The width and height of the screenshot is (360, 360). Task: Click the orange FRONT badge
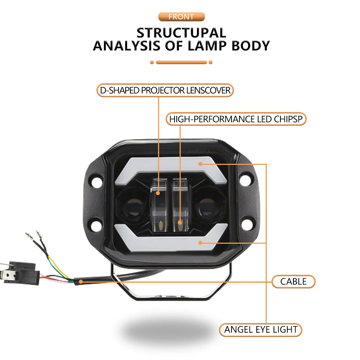tap(181, 17)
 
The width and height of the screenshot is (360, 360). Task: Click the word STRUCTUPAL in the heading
tap(181, 33)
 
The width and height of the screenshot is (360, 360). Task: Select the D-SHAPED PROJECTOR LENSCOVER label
tap(165, 90)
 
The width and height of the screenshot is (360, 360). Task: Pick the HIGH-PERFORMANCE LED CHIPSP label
tap(236, 119)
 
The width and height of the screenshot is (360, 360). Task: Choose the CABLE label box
tap(293, 282)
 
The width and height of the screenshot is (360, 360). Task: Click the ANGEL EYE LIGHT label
tap(261, 329)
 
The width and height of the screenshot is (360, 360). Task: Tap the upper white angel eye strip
tap(169, 164)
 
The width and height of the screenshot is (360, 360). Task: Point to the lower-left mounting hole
tap(95, 226)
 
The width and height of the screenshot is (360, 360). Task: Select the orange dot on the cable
tap(80, 282)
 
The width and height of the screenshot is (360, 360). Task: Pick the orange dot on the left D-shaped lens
tap(158, 193)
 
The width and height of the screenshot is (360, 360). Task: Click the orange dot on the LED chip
tap(180, 222)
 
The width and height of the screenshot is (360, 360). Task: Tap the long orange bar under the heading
tap(181, 62)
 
